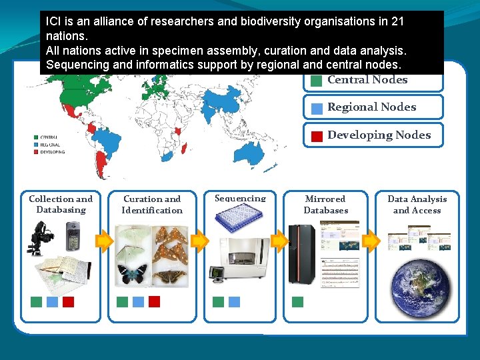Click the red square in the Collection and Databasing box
click(68, 301)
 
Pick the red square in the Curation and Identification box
click(154, 301)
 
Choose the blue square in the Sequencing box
click(234, 301)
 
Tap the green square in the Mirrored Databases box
click(297, 301)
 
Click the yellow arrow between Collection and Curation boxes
click(103, 241)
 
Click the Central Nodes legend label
click(367, 79)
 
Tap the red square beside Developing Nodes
click(317, 135)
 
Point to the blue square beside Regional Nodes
click(317, 108)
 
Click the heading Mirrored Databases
click(325, 205)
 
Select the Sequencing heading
click(240, 198)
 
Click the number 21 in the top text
click(397, 21)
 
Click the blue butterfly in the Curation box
click(132, 275)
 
